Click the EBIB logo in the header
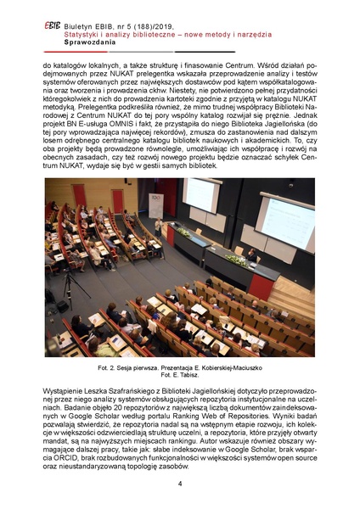[51, 25]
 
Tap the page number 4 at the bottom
[180, 484]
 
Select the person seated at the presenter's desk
[251, 254]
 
